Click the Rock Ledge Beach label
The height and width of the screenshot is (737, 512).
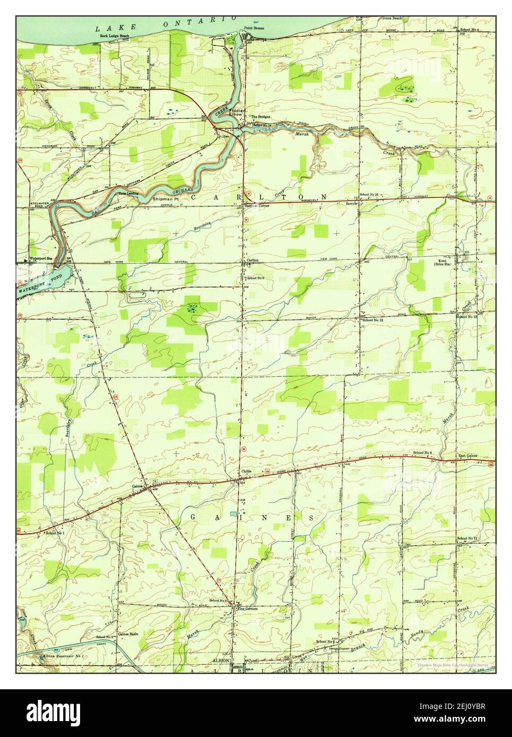pos(115,36)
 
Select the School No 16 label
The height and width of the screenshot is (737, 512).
pos(369,195)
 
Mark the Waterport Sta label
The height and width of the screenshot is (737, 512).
pos(41,258)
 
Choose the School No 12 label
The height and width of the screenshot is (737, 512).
pos(372,320)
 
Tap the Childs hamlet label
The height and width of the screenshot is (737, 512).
pos(247,471)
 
